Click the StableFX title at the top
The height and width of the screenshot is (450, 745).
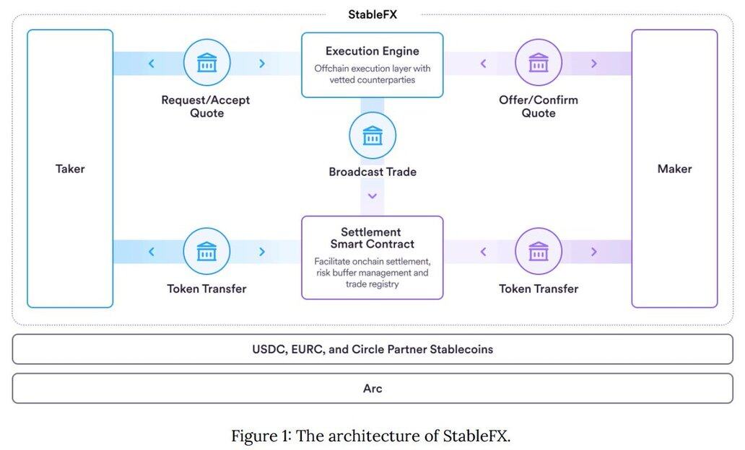pyautogui.click(x=372, y=14)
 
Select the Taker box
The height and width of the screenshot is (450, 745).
pyautogui.click(x=70, y=169)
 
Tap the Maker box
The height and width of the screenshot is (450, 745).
pyautogui.click(x=674, y=169)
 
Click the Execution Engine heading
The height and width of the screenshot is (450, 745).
pyautogui.click(x=372, y=51)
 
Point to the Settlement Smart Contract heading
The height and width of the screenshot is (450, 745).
pyautogui.click(x=372, y=238)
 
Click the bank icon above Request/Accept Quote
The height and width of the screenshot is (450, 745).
pyautogui.click(x=206, y=63)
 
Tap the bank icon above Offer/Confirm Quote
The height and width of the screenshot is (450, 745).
pyautogui.click(x=539, y=63)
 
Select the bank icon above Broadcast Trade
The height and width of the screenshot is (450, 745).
pyautogui.click(x=372, y=136)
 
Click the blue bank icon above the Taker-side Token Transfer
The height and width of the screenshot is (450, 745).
pyautogui.click(x=206, y=252)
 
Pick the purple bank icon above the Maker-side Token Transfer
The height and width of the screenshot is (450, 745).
pyautogui.click(x=539, y=252)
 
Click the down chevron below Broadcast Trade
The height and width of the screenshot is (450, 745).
pyautogui.click(x=372, y=195)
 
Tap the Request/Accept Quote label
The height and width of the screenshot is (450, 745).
pyautogui.click(x=206, y=106)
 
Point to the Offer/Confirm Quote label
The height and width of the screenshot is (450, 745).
pyautogui.click(x=539, y=106)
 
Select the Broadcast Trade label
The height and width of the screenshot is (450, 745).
pyautogui.click(x=372, y=172)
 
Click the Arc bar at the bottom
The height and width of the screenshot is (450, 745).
pyautogui.click(x=372, y=388)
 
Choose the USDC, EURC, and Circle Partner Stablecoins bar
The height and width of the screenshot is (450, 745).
pyautogui.click(x=372, y=349)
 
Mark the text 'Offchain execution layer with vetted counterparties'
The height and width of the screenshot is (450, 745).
pyautogui.click(x=372, y=74)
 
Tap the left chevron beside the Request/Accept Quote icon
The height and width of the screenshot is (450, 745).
pyautogui.click(x=152, y=63)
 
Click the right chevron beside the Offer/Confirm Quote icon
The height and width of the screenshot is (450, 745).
pyautogui.click(x=593, y=63)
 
